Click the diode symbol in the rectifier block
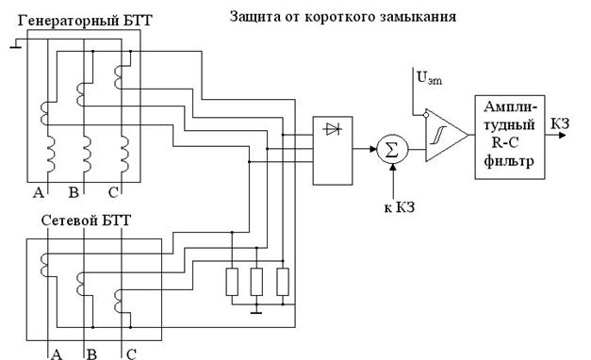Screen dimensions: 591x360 pyautogui.click(x=333, y=129)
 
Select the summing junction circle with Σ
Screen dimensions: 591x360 pyautogui.click(x=392, y=149)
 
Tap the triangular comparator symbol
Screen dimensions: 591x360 pyautogui.click(x=447, y=136)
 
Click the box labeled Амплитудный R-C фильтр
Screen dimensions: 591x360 pyautogui.click(x=510, y=137)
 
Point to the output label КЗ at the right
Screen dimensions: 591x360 pyautogui.click(x=560, y=123)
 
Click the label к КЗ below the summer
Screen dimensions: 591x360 pyautogui.click(x=400, y=207)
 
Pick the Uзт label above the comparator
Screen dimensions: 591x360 pyautogui.click(x=429, y=77)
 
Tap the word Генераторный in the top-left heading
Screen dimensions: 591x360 pyautogui.click(x=69, y=20)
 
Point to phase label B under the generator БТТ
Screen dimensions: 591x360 pyautogui.click(x=74, y=192)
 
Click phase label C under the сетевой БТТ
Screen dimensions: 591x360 pyautogui.click(x=131, y=354)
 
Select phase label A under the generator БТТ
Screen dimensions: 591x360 pyautogui.click(x=39, y=192)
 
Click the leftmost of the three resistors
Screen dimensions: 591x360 pyautogui.click(x=232, y=282)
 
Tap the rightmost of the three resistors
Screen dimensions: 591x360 pyautogui.click(x=283, y=282)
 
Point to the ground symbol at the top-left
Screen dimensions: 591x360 pyautogui.click(x=16, y=43)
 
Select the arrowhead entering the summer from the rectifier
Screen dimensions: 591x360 pyautogui.click(x=373, y=149)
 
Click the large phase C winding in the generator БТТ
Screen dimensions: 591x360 pyautogui.click(x=124, y=155)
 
